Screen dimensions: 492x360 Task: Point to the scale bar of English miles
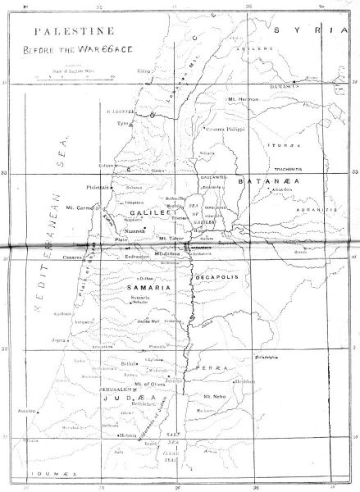(x=71, y=79)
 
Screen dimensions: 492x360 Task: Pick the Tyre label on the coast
(x=124, y=125)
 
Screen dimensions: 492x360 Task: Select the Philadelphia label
(x=273, y=358)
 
